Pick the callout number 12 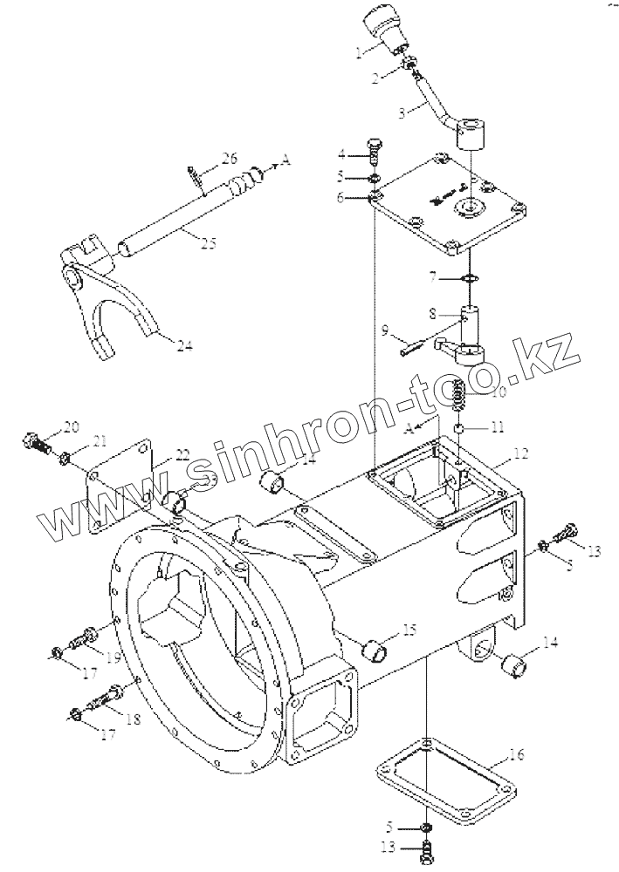[x=519, y=453]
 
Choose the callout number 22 [x=182, y=453]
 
